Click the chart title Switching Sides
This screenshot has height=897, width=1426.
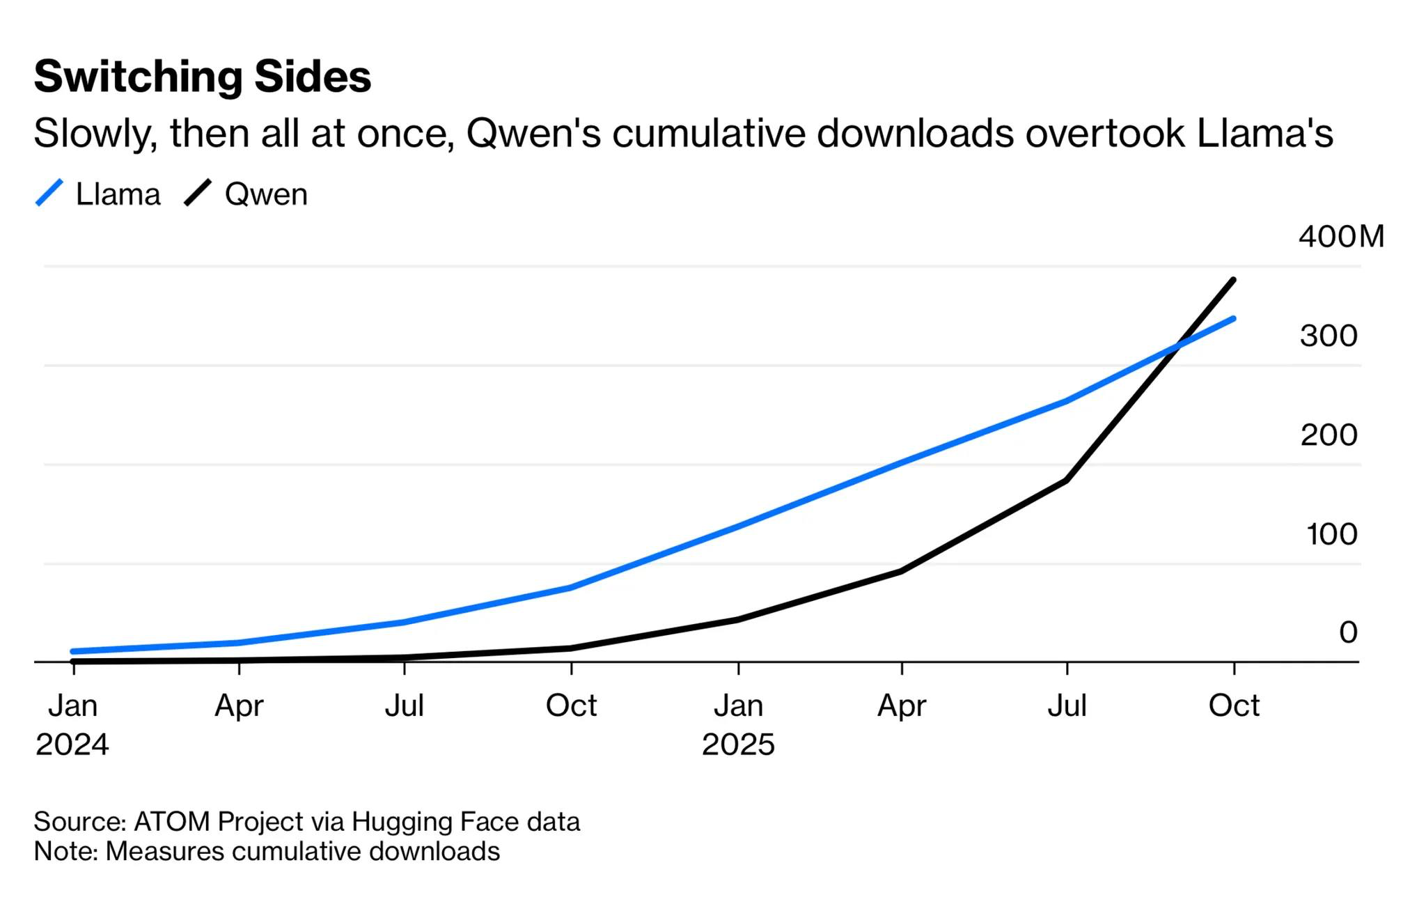pos(203,76)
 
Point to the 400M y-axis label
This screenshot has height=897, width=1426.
pos(1341,237)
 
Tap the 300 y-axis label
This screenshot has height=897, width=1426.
pos(1329,336)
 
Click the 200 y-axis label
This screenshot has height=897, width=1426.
pos(1329,435)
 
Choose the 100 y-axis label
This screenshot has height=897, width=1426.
pos(1331,534)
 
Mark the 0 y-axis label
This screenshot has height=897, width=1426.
pos(1348,632)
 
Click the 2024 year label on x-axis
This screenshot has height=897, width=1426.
pos(72,744)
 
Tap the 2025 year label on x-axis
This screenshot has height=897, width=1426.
pos(738,744)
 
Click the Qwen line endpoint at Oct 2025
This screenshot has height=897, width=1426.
pos(1234,280)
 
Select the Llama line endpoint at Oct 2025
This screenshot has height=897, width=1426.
pos(1234,319)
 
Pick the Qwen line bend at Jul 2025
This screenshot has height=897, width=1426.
pos(1067,481)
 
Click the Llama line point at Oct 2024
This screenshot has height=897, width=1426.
pos(571,588)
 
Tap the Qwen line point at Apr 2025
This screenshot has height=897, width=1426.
pos(902,571)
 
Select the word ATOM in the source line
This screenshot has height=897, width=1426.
pos(171,822)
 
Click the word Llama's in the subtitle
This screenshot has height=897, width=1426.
pos(1264,133)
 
